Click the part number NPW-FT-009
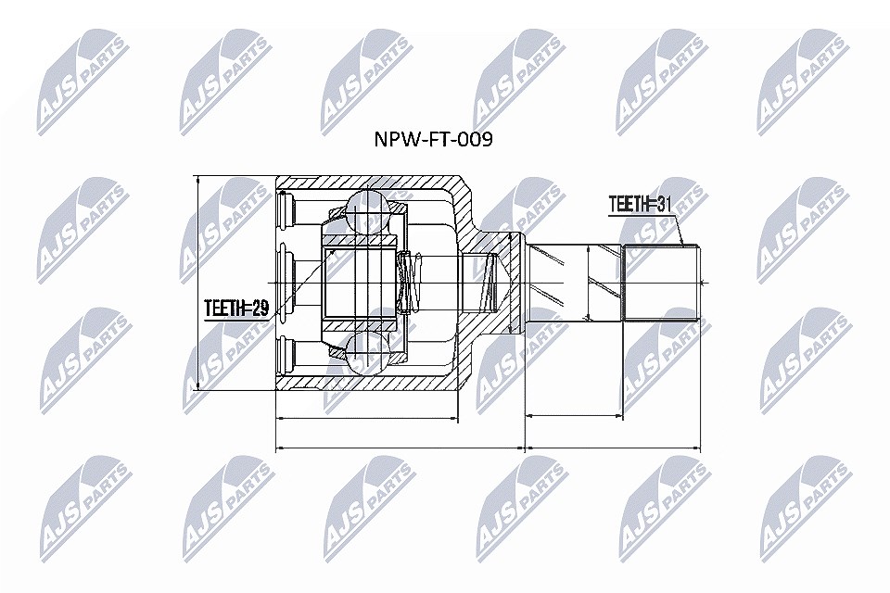(x=433, y=139)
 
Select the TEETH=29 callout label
(x=236, y=309)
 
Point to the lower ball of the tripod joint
(x=366, y=354)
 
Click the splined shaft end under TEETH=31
(x=661, y=283)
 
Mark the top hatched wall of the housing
(x=369, y=183)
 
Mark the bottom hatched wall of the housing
(x=369, y=383)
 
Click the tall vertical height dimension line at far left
(x=197, y=283)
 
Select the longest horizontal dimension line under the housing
(x=400, y=448)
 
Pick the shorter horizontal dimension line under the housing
(x=366, y=420)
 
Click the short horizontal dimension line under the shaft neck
(x=575, y=416)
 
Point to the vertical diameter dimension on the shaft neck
(x=589, y=283)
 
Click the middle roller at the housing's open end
(x=286, y=283)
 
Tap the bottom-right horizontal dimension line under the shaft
(x=614, y=448)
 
